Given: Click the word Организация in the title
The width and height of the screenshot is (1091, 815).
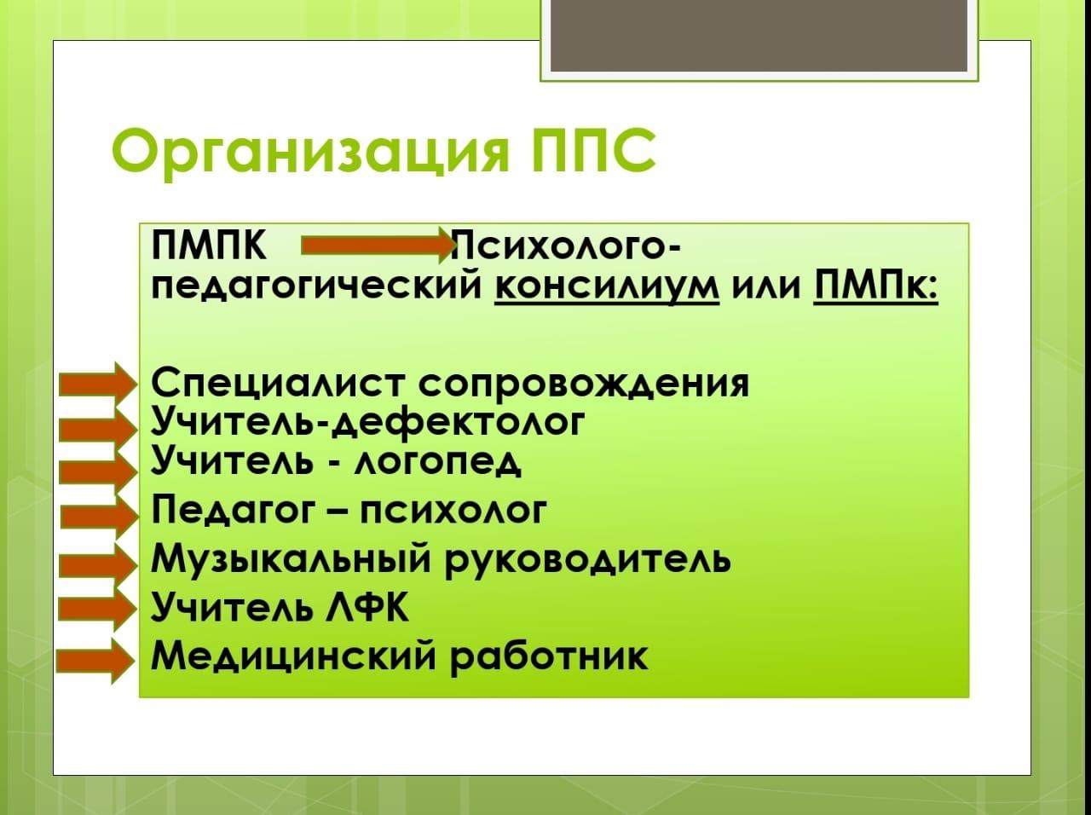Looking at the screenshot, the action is coord(310,151).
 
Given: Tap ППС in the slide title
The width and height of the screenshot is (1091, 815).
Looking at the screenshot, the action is coord(592,148).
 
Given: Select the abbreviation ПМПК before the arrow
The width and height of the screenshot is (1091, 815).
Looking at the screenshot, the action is coord(209,246).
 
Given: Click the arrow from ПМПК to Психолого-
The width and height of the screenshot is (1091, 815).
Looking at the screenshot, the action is coord(378,245).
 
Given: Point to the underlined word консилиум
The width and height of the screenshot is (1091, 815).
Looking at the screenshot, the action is coord(607,286).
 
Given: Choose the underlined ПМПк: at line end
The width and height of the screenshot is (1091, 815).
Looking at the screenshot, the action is coord(875,286).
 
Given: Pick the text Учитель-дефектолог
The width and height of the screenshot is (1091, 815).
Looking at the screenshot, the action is coord(367,423).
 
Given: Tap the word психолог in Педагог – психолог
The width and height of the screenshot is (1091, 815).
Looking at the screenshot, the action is coord(453,511).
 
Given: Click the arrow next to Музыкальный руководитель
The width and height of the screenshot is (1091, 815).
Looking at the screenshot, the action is coord(98,565).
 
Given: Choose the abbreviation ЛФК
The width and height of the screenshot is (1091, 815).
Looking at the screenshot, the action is coord(367,606).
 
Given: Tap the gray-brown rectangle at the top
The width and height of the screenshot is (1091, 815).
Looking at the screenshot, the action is coord(759,35).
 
